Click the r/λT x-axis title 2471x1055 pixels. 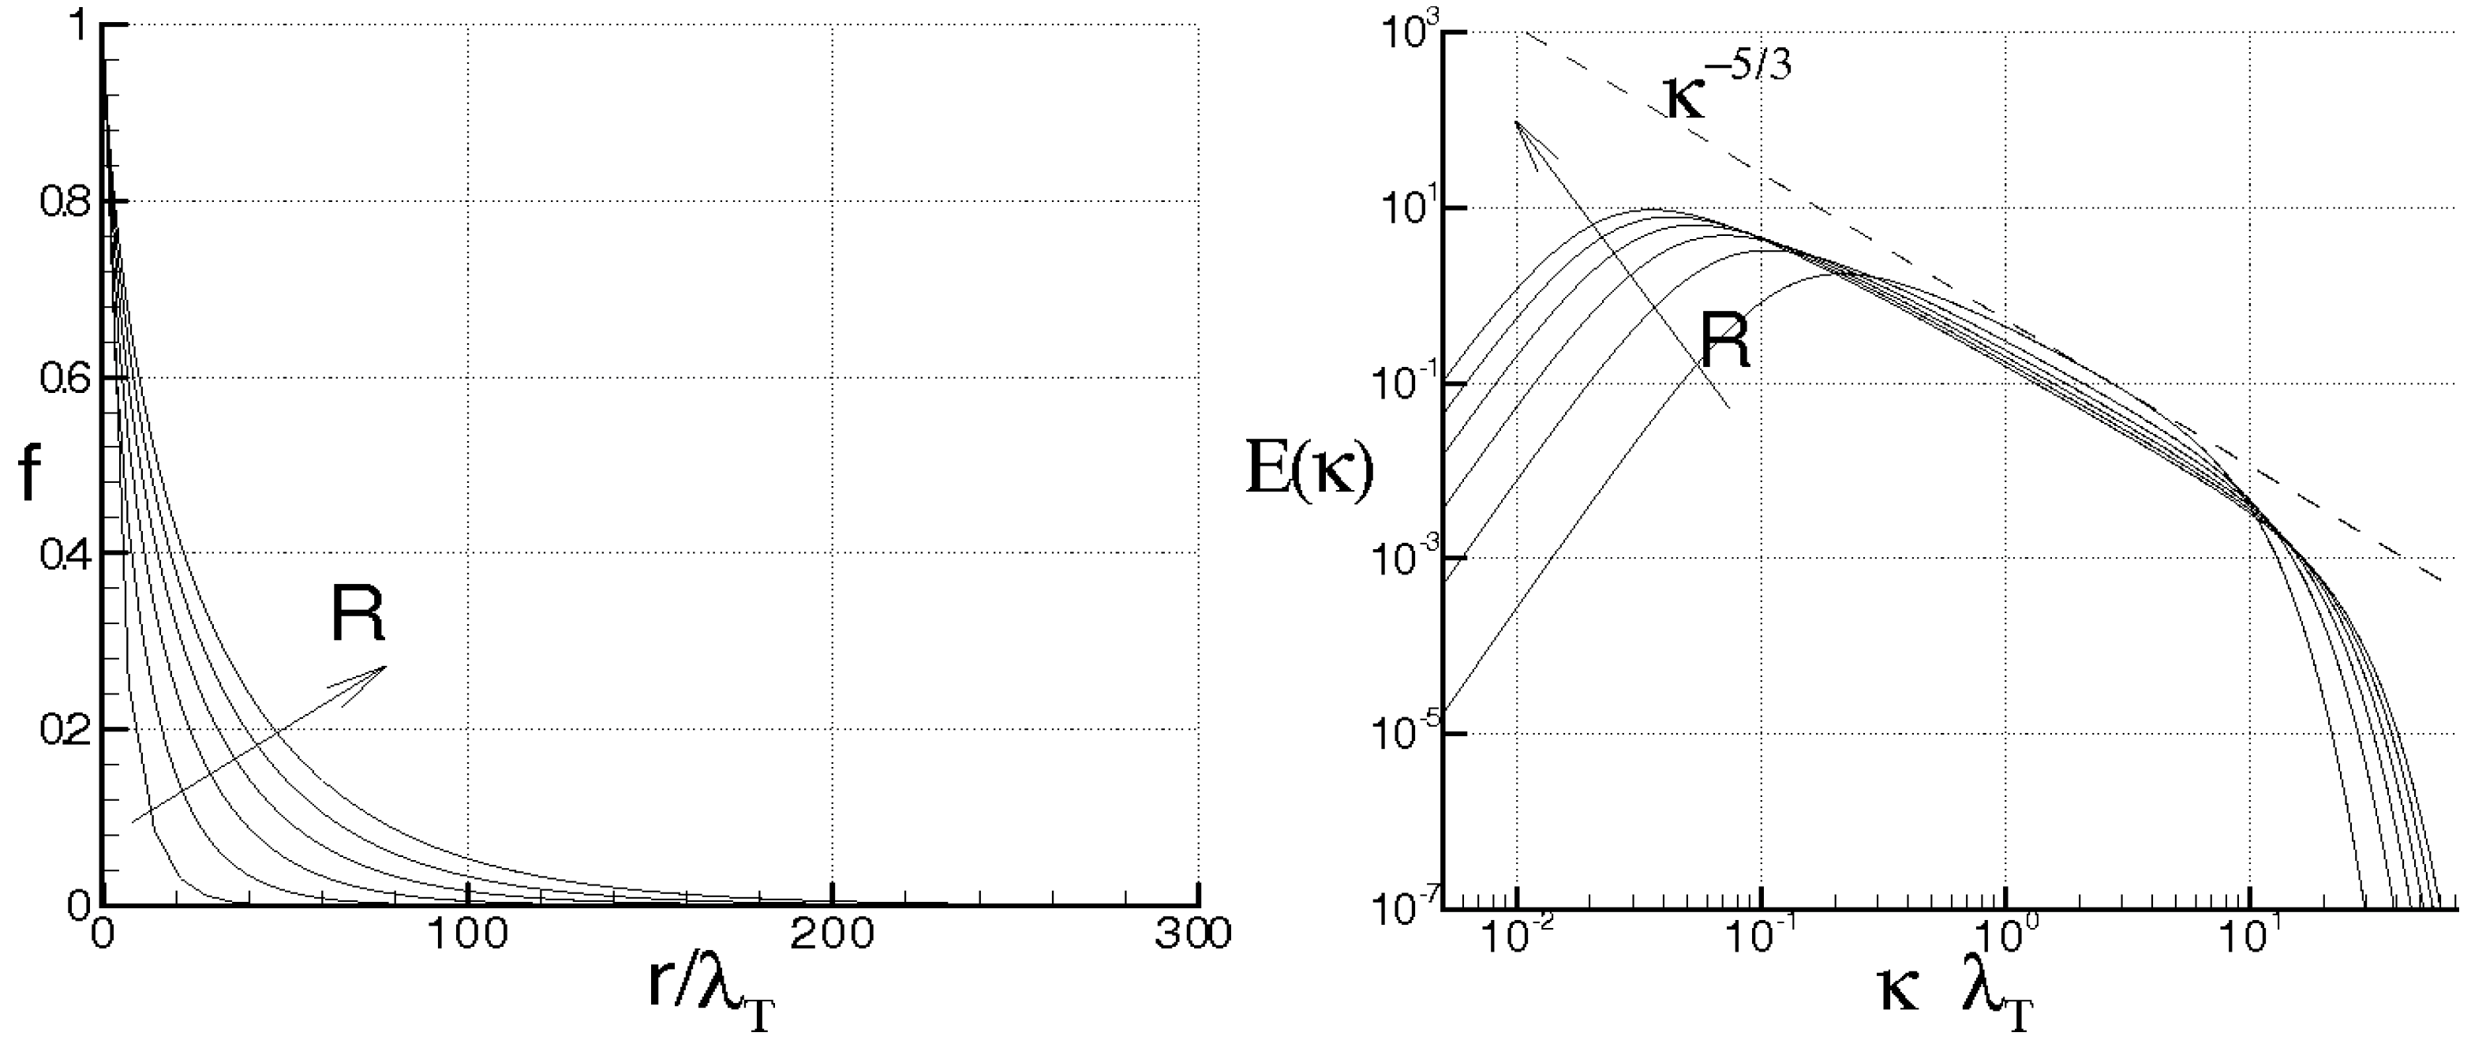tap(712, 1000)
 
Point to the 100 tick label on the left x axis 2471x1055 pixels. tap(466, 936)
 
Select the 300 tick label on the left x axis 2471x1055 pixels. tap(1193, 936)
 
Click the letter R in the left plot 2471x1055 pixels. tap(357, 614)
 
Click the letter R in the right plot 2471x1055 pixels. tap(1724, 340)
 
